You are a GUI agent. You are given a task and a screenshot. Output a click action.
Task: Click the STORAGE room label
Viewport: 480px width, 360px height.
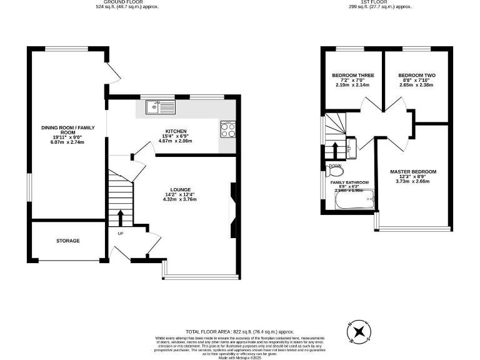point(67,241)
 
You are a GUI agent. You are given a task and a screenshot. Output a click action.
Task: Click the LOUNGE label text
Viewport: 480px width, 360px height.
point(181,189)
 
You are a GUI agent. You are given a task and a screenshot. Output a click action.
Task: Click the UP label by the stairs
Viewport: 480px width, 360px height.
point(121,234)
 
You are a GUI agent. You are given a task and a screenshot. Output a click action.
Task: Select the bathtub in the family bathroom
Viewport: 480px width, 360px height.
point(354,201)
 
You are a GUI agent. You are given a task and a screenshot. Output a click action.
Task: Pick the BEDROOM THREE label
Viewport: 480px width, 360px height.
point(352,76)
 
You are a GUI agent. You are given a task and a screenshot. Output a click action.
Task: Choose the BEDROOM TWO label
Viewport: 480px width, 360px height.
point(417,76)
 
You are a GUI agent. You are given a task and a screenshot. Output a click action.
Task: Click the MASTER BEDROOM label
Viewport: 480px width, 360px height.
point(413,171)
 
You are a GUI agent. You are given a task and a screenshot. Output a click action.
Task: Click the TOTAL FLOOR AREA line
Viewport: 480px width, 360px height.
point(239,331)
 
